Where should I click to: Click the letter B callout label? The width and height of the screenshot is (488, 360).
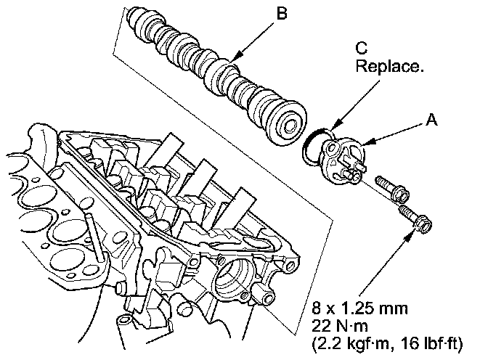282,13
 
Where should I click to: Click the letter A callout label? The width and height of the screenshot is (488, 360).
431,120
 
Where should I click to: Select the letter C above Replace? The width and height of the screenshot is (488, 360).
362,48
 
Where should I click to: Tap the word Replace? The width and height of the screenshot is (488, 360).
390,66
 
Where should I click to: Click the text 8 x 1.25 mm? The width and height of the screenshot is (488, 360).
360,308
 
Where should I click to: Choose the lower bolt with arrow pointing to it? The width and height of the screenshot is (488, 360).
415,218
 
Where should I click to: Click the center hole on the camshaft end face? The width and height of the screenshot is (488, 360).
291,126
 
